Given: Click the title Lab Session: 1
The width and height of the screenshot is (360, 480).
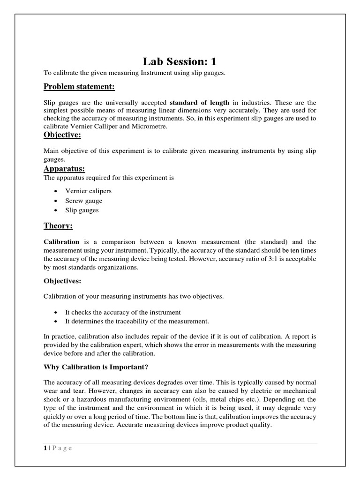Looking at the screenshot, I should (x=180, y=62).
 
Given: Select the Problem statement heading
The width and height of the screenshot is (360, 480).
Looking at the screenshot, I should (x=79, y=87).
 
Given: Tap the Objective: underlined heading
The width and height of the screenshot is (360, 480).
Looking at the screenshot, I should (x=62, y=135).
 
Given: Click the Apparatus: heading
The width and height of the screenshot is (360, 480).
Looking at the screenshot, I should (x=64, y=169).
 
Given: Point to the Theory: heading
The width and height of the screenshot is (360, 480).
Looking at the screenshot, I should (x=58, y=226).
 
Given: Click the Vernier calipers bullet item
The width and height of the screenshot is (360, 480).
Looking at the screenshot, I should (x=88, y=191).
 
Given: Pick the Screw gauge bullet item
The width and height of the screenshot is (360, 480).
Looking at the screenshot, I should (x=83, y=201).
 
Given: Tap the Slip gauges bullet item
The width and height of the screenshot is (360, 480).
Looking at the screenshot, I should (x=82, y=210).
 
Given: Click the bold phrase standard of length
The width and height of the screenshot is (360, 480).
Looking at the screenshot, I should (x=199, y=102).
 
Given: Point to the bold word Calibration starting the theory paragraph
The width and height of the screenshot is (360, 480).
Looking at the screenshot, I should (x=61, y=242).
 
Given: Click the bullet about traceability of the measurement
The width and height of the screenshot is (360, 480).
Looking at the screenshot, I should (x=137, y=321).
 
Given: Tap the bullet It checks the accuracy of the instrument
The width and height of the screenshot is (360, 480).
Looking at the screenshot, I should (x=123, y=312).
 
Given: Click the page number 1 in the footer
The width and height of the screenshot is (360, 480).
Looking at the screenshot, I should (x=45, y=448).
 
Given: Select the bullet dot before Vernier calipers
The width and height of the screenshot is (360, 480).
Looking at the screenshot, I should (x=56, y=192).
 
